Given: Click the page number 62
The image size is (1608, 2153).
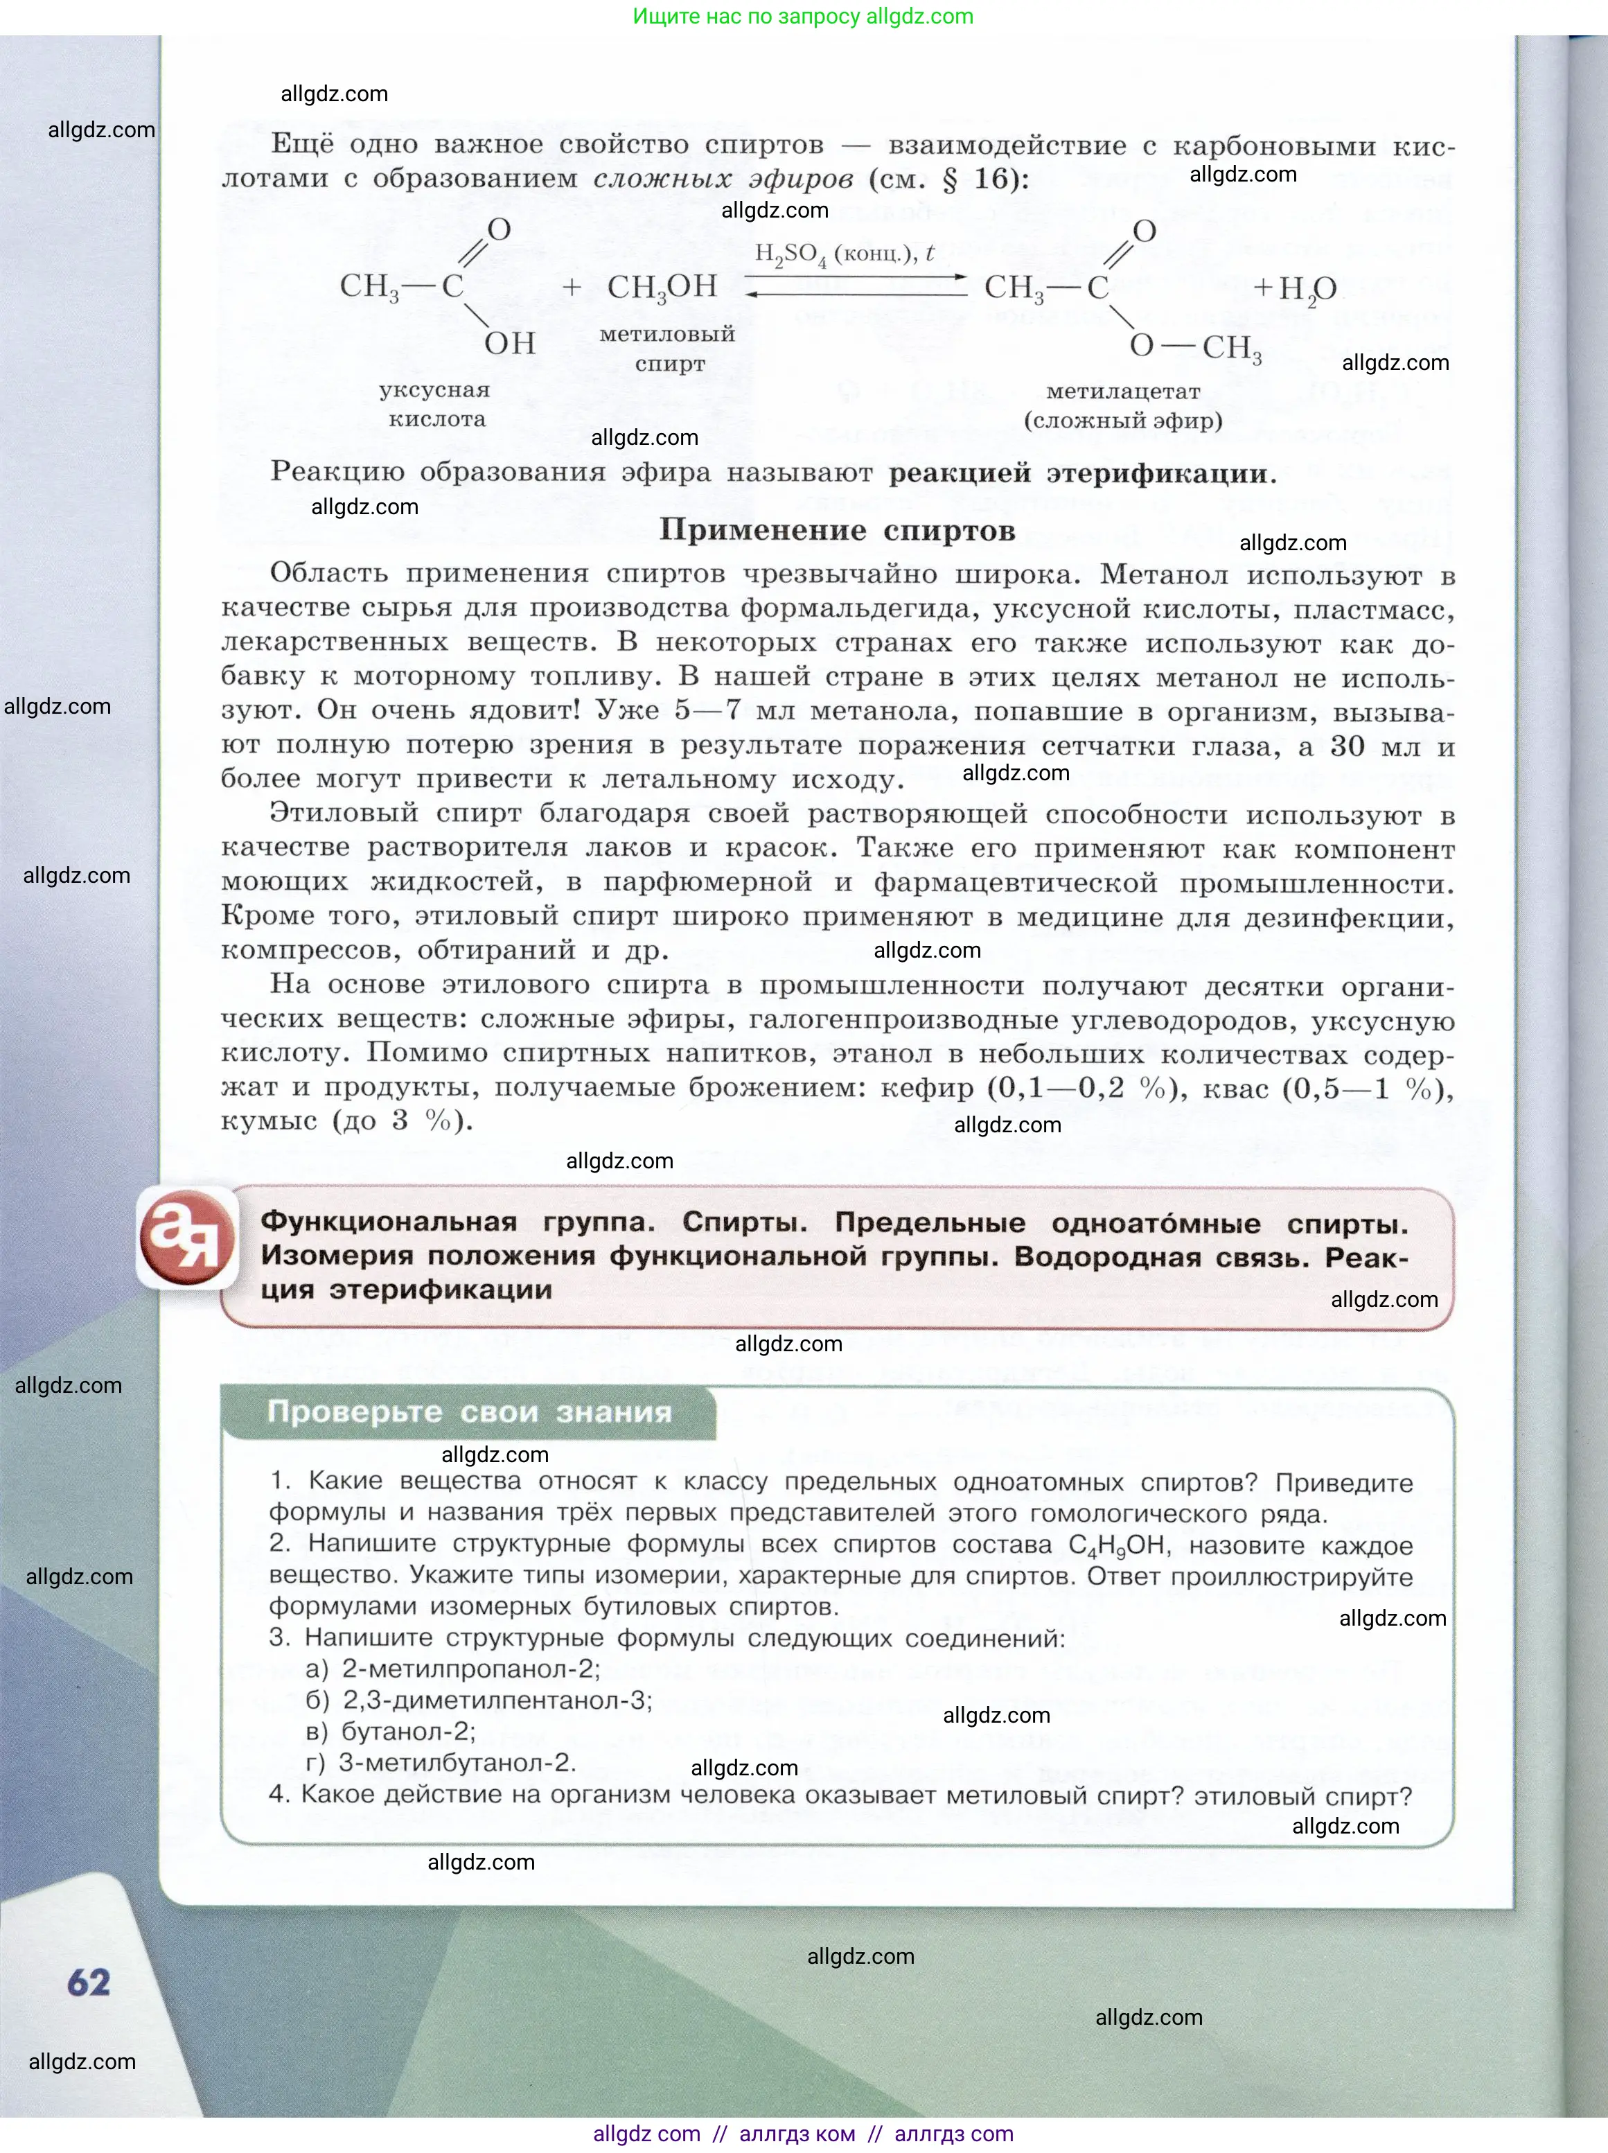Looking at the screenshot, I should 89,1983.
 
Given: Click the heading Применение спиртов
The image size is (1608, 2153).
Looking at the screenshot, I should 837,531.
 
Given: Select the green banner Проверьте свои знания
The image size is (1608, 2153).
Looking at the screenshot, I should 469,1412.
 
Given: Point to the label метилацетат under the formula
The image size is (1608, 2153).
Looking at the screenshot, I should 1122,392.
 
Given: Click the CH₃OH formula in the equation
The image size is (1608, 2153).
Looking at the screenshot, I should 662,286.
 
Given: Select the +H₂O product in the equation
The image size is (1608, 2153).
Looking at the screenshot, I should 1293,288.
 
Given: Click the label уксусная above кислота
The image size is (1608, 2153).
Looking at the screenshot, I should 434,390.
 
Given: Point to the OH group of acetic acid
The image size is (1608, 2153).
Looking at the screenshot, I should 510,342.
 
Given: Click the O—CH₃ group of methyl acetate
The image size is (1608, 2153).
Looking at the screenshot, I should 1195,346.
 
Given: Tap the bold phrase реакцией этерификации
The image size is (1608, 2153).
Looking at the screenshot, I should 1081,473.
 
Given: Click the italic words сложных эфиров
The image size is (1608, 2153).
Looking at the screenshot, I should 723,179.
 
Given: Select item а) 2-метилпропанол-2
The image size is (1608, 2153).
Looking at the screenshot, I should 454,1669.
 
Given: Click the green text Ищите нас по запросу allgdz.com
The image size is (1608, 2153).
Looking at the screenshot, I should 803,17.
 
